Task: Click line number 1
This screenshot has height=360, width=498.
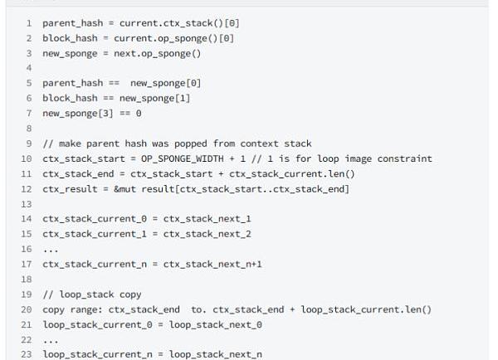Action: (29, 23)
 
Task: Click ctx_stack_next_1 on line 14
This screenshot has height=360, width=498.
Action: (207, 219)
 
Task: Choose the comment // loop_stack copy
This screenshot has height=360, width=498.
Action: (92, 294)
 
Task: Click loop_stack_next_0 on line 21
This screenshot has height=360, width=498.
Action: (216, 324)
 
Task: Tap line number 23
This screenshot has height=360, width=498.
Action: (27, 354)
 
